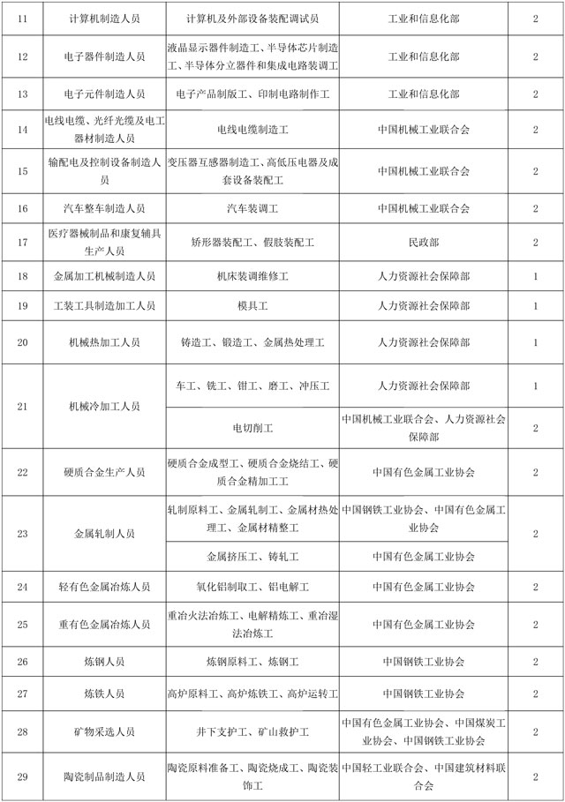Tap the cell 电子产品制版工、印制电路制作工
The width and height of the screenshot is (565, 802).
(252, 94)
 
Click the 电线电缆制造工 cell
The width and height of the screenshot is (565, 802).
(252, 130)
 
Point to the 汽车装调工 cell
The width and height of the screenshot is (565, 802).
(252, 208)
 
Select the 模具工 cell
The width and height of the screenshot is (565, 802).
(252, 306)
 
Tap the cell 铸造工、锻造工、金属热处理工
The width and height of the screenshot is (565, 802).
(252, 341)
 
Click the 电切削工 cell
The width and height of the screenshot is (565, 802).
(252, 428)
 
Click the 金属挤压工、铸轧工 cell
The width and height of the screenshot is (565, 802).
(252, 557)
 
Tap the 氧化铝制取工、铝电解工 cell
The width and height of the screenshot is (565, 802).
(252, 587)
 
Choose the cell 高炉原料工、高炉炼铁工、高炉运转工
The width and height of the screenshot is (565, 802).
(252, 694)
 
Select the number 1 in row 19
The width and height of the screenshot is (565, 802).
(536, 306)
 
